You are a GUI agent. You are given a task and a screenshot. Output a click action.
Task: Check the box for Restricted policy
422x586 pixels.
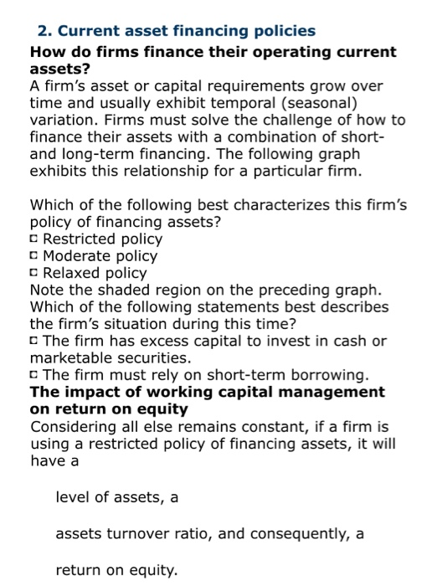[x=34, y=239]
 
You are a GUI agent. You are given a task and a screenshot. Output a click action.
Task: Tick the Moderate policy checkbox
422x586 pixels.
[x=34, y=256]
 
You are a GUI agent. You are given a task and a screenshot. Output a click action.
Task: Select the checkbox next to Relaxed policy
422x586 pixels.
[x=34, y=273]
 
